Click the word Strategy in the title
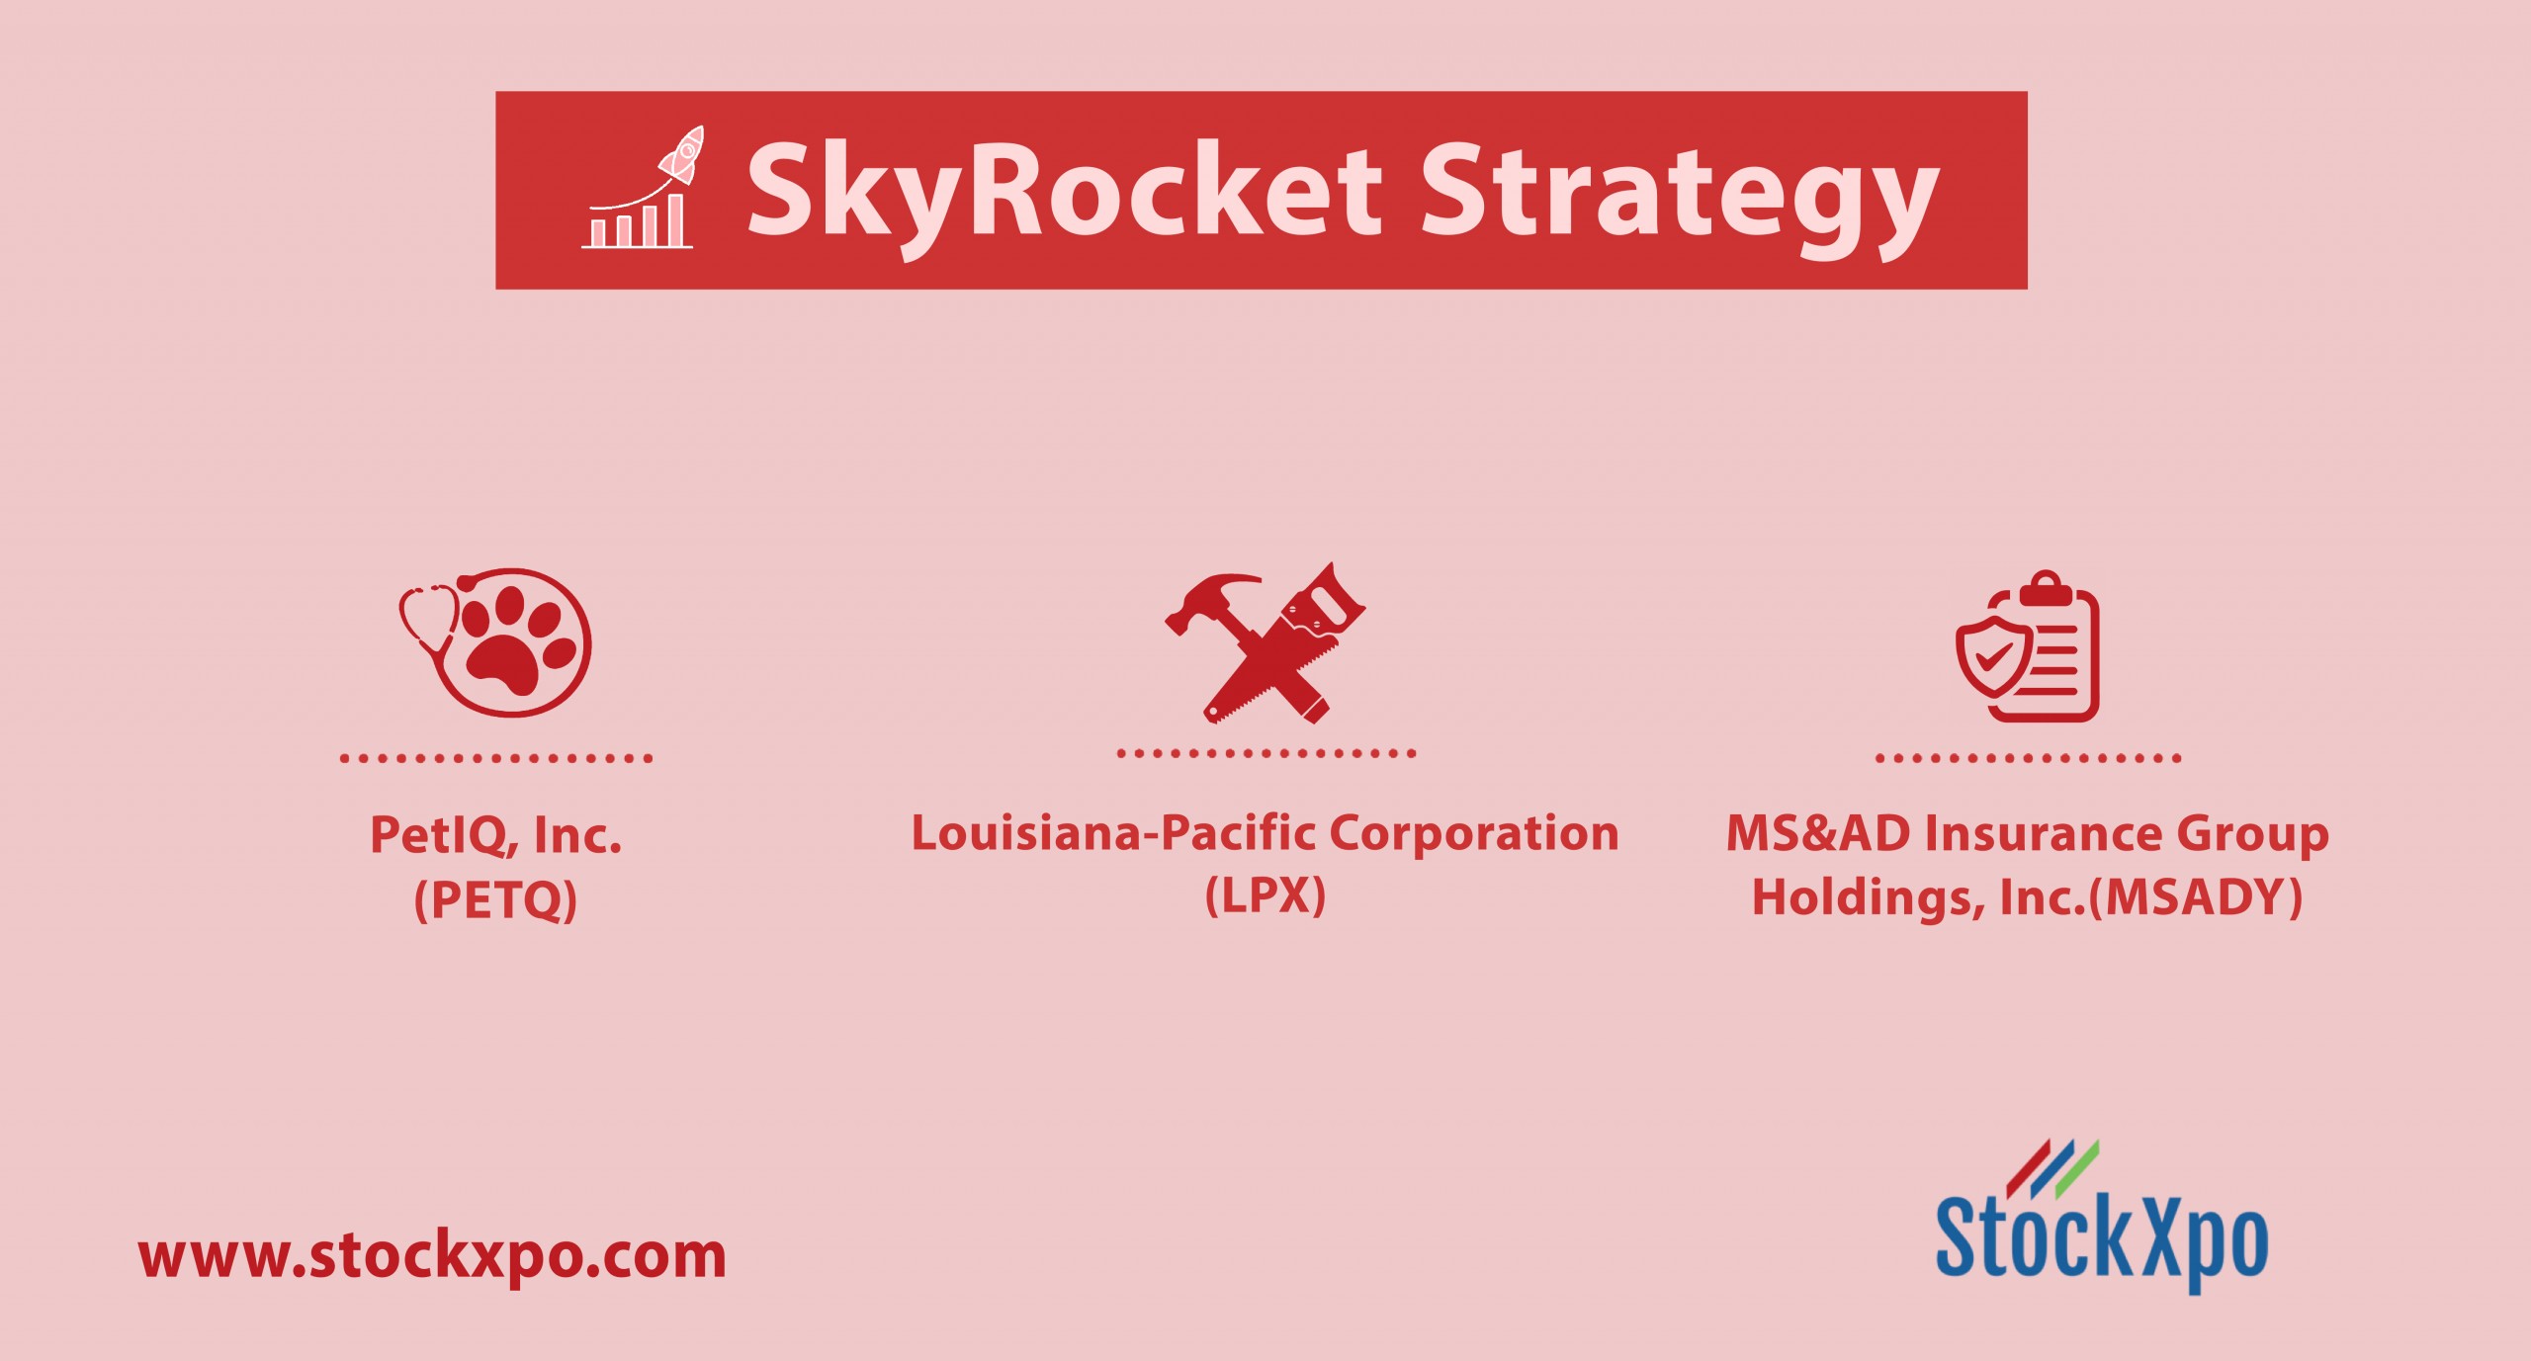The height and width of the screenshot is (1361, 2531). click(x=1680, y=198)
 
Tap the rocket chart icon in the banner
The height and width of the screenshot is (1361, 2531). click(x=642, y=187)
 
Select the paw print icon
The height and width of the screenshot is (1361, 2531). click(x=495, y=642)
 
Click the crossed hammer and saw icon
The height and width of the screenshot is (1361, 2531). click(x=1265, y=642)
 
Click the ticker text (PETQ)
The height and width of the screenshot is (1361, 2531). click(x=495, y=900)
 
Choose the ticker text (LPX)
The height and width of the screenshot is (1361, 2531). click(x=1265, y=895)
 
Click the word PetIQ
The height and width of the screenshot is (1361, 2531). click(x=444, y=835)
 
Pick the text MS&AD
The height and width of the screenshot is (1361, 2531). click(x=1818, y=833)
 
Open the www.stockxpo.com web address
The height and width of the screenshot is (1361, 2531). click(x=432, y=1256)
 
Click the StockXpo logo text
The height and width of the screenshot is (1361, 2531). click(x=2102, y=1240)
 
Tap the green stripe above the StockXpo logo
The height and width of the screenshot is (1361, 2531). click(x=2077, y=1170)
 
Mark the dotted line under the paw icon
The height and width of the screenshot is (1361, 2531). click(x=495, y=758)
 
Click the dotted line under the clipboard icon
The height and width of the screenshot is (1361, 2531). click(x=2028, y=758)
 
